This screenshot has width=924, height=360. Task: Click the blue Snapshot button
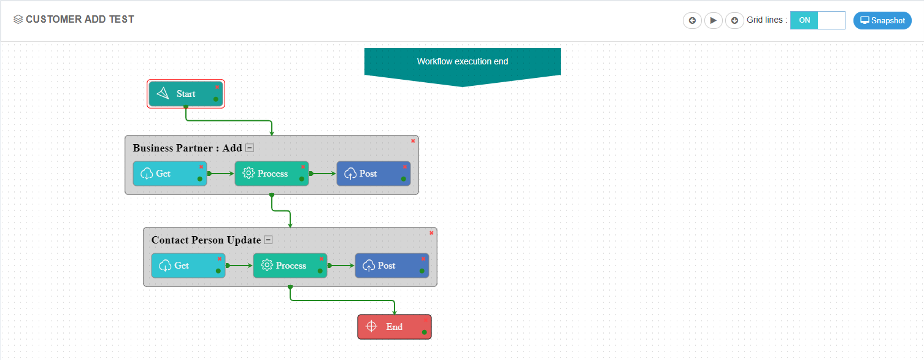(882, 20)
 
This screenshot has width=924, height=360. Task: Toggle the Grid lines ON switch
(817, 20)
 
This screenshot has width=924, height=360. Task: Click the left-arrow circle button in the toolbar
(692, 20)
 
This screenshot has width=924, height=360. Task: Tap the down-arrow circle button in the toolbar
(734, 20)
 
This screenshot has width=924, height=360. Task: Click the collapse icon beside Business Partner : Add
(250, 148)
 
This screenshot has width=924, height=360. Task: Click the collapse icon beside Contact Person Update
(268, 240)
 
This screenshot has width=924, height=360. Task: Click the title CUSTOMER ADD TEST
(80, 19)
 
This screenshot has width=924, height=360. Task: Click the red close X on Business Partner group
(413, 141)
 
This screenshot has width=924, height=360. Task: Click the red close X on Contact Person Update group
(431, 233)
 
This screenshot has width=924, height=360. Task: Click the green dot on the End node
(424, 332)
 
